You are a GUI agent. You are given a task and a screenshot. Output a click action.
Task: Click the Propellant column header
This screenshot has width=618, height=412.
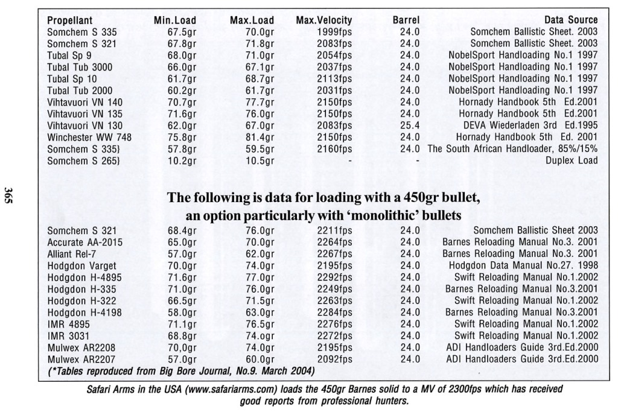[69, 20]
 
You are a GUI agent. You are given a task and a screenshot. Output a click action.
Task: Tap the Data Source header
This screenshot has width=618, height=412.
[570, 20]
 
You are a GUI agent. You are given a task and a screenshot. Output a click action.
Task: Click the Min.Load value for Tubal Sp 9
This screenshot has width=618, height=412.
[181, 55]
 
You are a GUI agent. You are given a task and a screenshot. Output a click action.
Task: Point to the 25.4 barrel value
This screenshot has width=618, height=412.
[410, 125]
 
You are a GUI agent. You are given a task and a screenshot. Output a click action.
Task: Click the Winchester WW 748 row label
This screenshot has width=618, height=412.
[89, 137]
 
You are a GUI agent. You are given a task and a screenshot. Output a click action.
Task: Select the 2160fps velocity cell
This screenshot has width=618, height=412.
[334, 149]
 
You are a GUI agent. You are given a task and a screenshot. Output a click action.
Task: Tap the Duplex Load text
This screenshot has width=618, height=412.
[572, 160]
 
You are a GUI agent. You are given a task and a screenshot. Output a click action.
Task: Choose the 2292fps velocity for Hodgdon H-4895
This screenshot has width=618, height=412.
[334, 277]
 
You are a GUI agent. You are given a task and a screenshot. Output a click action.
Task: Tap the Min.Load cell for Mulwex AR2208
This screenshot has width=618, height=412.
[181, 347]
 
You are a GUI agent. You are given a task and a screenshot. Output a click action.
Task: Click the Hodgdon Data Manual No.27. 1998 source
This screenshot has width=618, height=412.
[523, 265]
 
